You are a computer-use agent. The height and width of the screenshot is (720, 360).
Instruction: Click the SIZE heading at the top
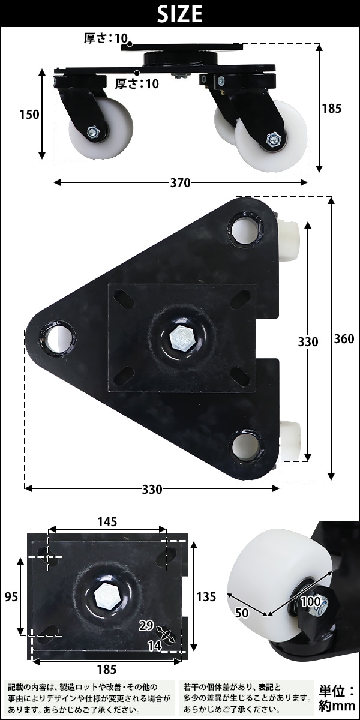pos(179,13)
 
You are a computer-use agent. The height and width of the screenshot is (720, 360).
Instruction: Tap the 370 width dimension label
pos(181,183)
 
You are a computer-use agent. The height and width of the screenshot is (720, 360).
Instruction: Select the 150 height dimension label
pos(29,115)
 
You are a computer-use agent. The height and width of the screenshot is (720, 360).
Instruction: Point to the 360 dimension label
pos(344,339)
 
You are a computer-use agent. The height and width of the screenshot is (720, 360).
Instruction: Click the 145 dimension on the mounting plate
pos(107,522)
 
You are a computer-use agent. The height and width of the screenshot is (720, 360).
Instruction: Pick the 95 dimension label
pos(11,597)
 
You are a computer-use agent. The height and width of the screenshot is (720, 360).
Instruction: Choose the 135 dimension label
pos(206,597)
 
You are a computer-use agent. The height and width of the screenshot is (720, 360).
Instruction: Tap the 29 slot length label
pos(146,626)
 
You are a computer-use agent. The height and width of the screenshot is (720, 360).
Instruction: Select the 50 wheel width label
pos(241,613)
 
